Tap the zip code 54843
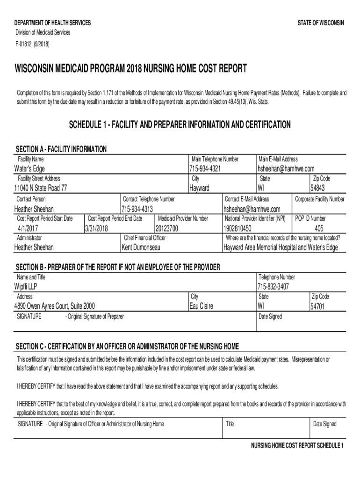pos(317,188)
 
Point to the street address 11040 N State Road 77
pos(41,188)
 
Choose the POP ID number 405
pos(319,228)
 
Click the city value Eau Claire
pos(201,306)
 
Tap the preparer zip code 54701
pos(317,307)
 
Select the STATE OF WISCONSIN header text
pos(321,23)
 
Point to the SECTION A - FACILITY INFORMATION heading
pos(61,149)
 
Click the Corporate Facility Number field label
pos(319,199)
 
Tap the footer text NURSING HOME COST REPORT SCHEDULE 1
pos(297,445)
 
